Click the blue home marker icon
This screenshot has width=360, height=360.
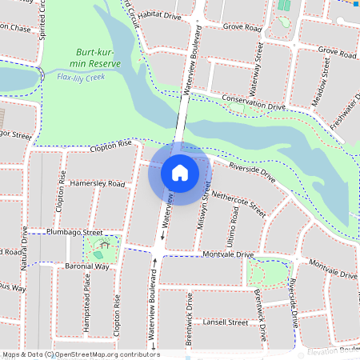pos(179,172)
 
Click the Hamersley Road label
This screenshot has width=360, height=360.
pos(98,184)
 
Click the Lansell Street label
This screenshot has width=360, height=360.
pos(226,322)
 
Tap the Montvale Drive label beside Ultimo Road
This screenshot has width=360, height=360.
pos(228,254)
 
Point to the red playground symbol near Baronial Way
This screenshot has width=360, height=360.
pos(99,243)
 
